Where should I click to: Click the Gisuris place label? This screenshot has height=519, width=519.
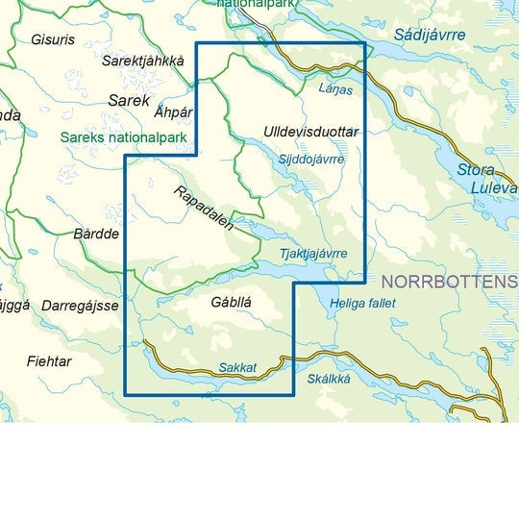click(52, 40)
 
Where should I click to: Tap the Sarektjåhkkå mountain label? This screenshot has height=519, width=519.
click(142, 61)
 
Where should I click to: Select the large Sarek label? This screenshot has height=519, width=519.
click(129, 100)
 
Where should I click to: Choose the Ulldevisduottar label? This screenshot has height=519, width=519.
click(309, 131)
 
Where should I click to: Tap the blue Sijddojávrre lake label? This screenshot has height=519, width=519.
click(310, 159)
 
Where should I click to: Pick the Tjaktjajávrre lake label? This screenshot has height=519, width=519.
click(312, 254)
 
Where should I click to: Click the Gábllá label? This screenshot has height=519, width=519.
click(230, 302)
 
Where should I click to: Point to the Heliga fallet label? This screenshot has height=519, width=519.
click(362, 304)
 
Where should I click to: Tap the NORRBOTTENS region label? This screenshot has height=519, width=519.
click(449, 282)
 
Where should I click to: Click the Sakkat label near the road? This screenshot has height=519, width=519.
click(236, 366)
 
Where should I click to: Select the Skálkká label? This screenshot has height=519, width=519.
click(329, 378)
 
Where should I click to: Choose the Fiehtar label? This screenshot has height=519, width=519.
click(49, 361)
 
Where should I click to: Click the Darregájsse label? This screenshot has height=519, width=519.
click(80, 306)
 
